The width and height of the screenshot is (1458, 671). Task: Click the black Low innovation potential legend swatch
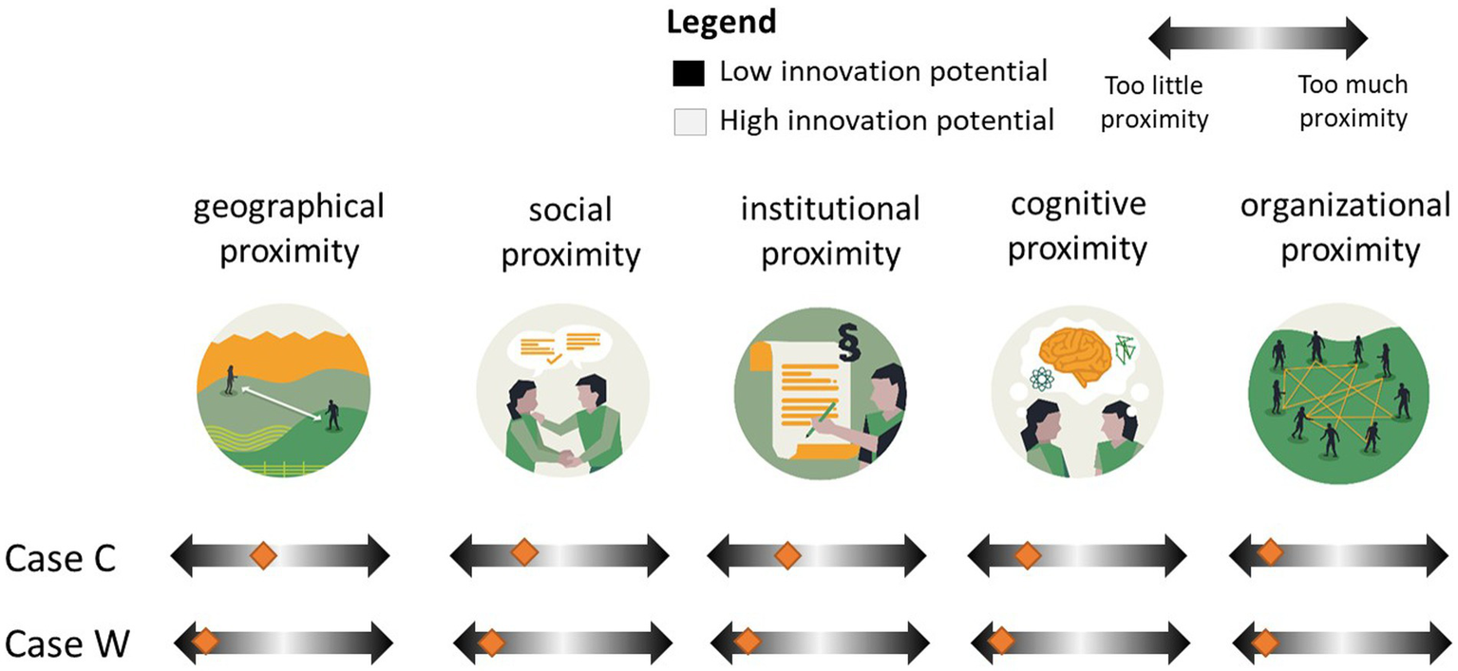point(688,73)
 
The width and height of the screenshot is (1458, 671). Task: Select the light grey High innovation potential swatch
point(688,122)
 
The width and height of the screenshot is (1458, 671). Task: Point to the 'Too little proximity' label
point(1154,103)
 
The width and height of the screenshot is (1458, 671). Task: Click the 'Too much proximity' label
point(1352,103)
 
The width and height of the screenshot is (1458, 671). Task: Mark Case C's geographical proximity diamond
point(262,555)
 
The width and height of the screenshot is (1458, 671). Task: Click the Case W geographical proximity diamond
point(203,642)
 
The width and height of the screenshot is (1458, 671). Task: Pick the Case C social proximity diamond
point(523,553)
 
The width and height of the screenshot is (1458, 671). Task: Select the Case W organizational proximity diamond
point(1265,643)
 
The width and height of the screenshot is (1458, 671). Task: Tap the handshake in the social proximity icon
point(570,459)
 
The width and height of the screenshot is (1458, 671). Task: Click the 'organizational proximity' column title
point(1345,229)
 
